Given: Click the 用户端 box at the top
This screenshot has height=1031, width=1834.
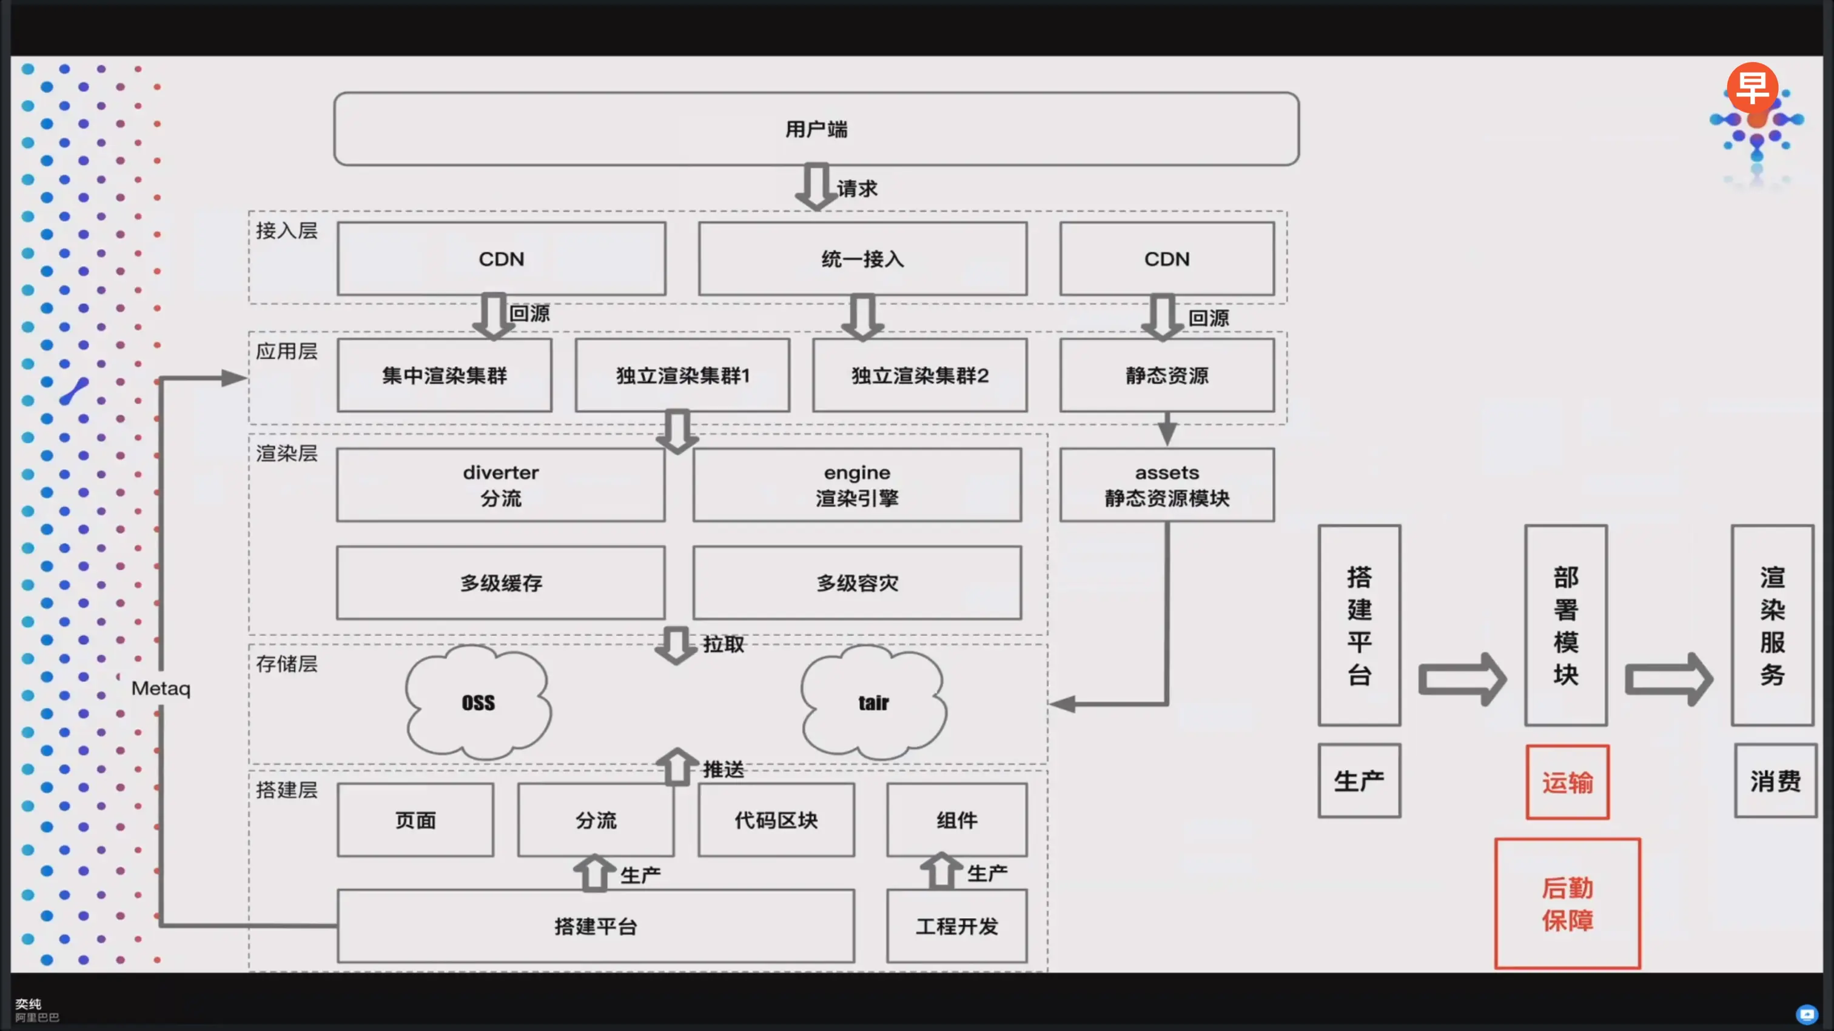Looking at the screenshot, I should tap(816, 128).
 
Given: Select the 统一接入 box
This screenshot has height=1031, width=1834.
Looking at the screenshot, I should tap(862, 259).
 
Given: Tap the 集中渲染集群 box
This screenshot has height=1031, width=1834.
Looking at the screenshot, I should tap(445, 375).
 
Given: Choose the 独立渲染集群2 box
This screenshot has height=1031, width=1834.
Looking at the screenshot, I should tap(920, 375).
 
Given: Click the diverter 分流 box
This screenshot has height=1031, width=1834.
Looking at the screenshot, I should tap(500, 485).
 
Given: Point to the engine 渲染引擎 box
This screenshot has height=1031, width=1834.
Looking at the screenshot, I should tap(857, 485).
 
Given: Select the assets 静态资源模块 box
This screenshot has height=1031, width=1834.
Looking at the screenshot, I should tap(1167, 485).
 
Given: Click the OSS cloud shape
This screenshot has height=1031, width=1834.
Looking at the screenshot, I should tap(478, 702).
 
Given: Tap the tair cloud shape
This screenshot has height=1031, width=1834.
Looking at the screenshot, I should tap(873, 702).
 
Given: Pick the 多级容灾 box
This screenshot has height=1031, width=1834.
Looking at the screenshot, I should tap(857, 582).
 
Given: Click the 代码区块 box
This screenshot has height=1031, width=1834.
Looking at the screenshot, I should tap(776, 819).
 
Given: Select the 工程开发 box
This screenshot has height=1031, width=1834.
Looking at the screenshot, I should tap(957, 926).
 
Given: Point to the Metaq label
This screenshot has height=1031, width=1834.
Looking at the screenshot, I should tap(161, 688).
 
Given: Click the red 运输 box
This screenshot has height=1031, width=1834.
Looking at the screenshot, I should tap(1567, 782).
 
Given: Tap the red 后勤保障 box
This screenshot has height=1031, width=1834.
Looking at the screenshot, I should tap(1567, 904).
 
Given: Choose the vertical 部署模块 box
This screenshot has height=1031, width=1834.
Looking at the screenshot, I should tap(1565, 626).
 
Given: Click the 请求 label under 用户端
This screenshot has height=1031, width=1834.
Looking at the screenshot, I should tap(857, 189).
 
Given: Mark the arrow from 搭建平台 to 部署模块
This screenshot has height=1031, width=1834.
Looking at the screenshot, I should tap(1462, 679).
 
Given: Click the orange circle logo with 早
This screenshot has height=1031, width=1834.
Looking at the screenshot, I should tap(1752, 87).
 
